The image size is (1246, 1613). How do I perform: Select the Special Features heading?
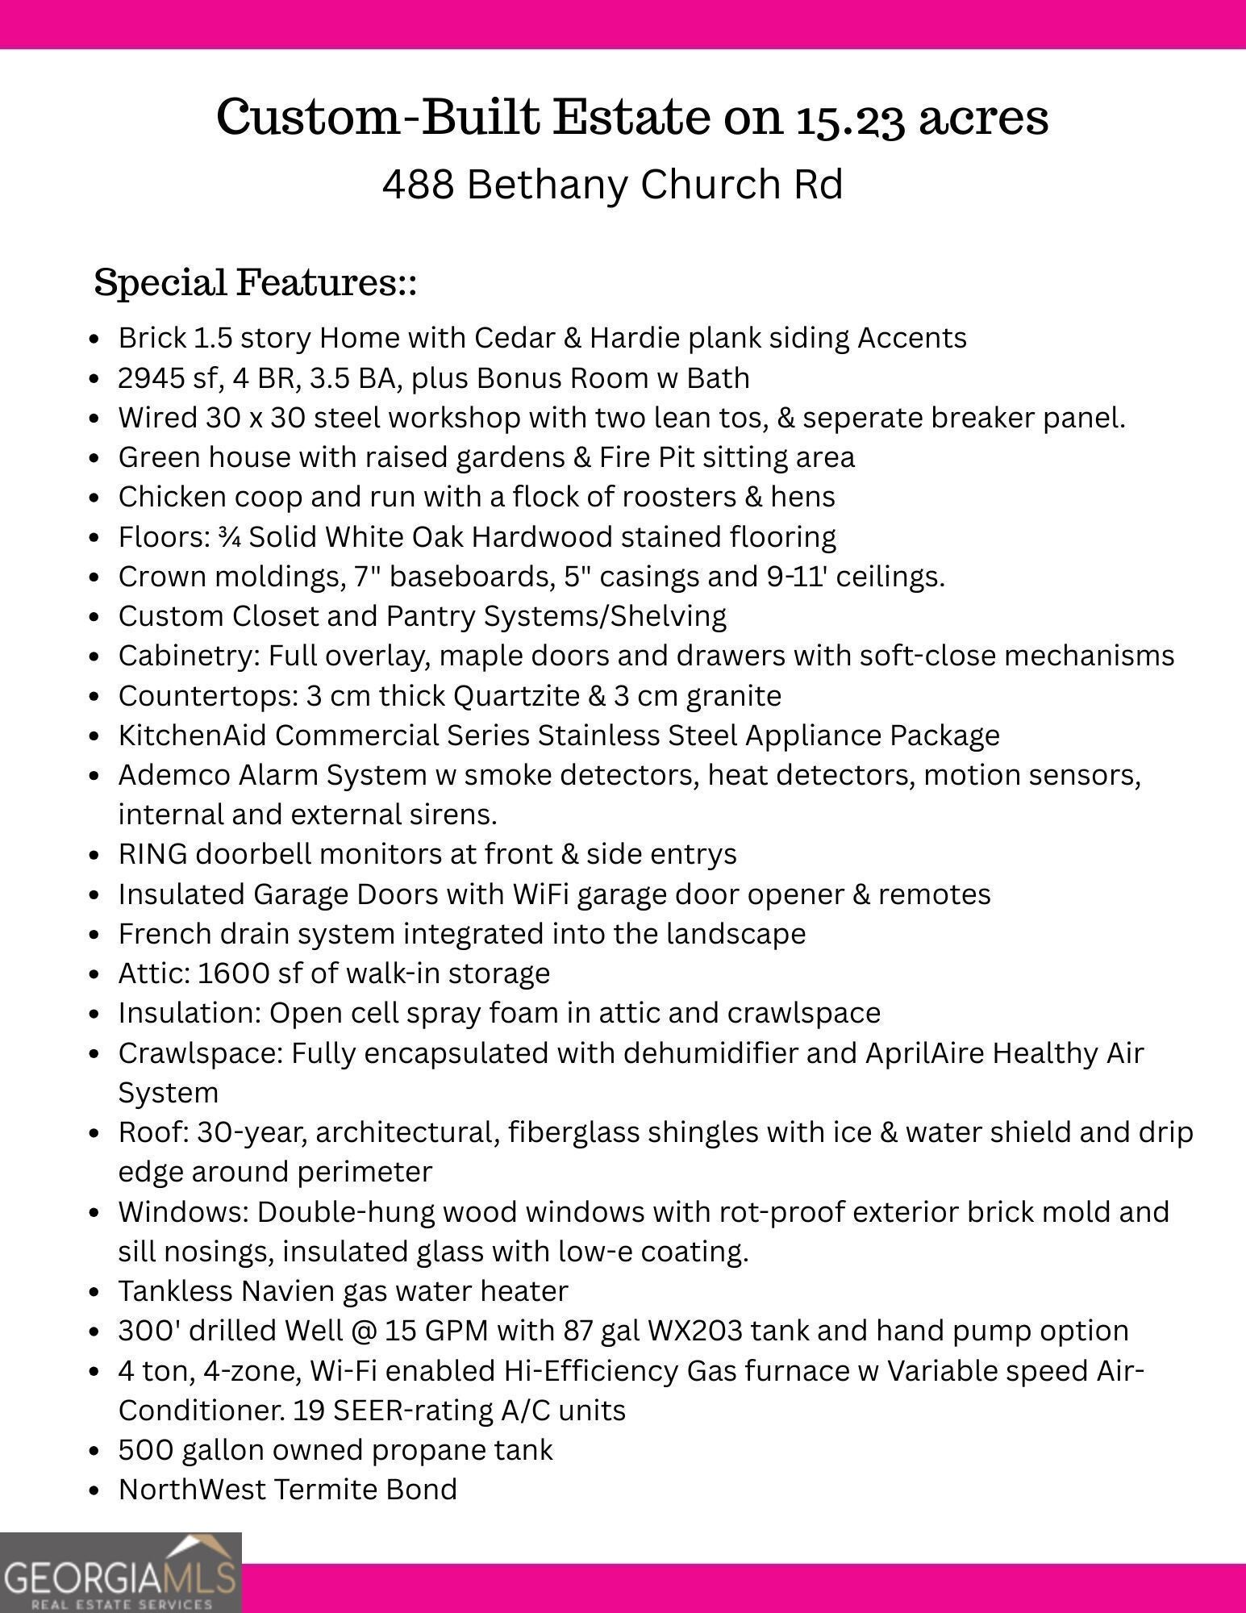coord(255,283)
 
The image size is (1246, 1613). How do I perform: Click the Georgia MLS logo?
coord(120,1572)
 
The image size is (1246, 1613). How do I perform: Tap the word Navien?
coord(280,1291)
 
